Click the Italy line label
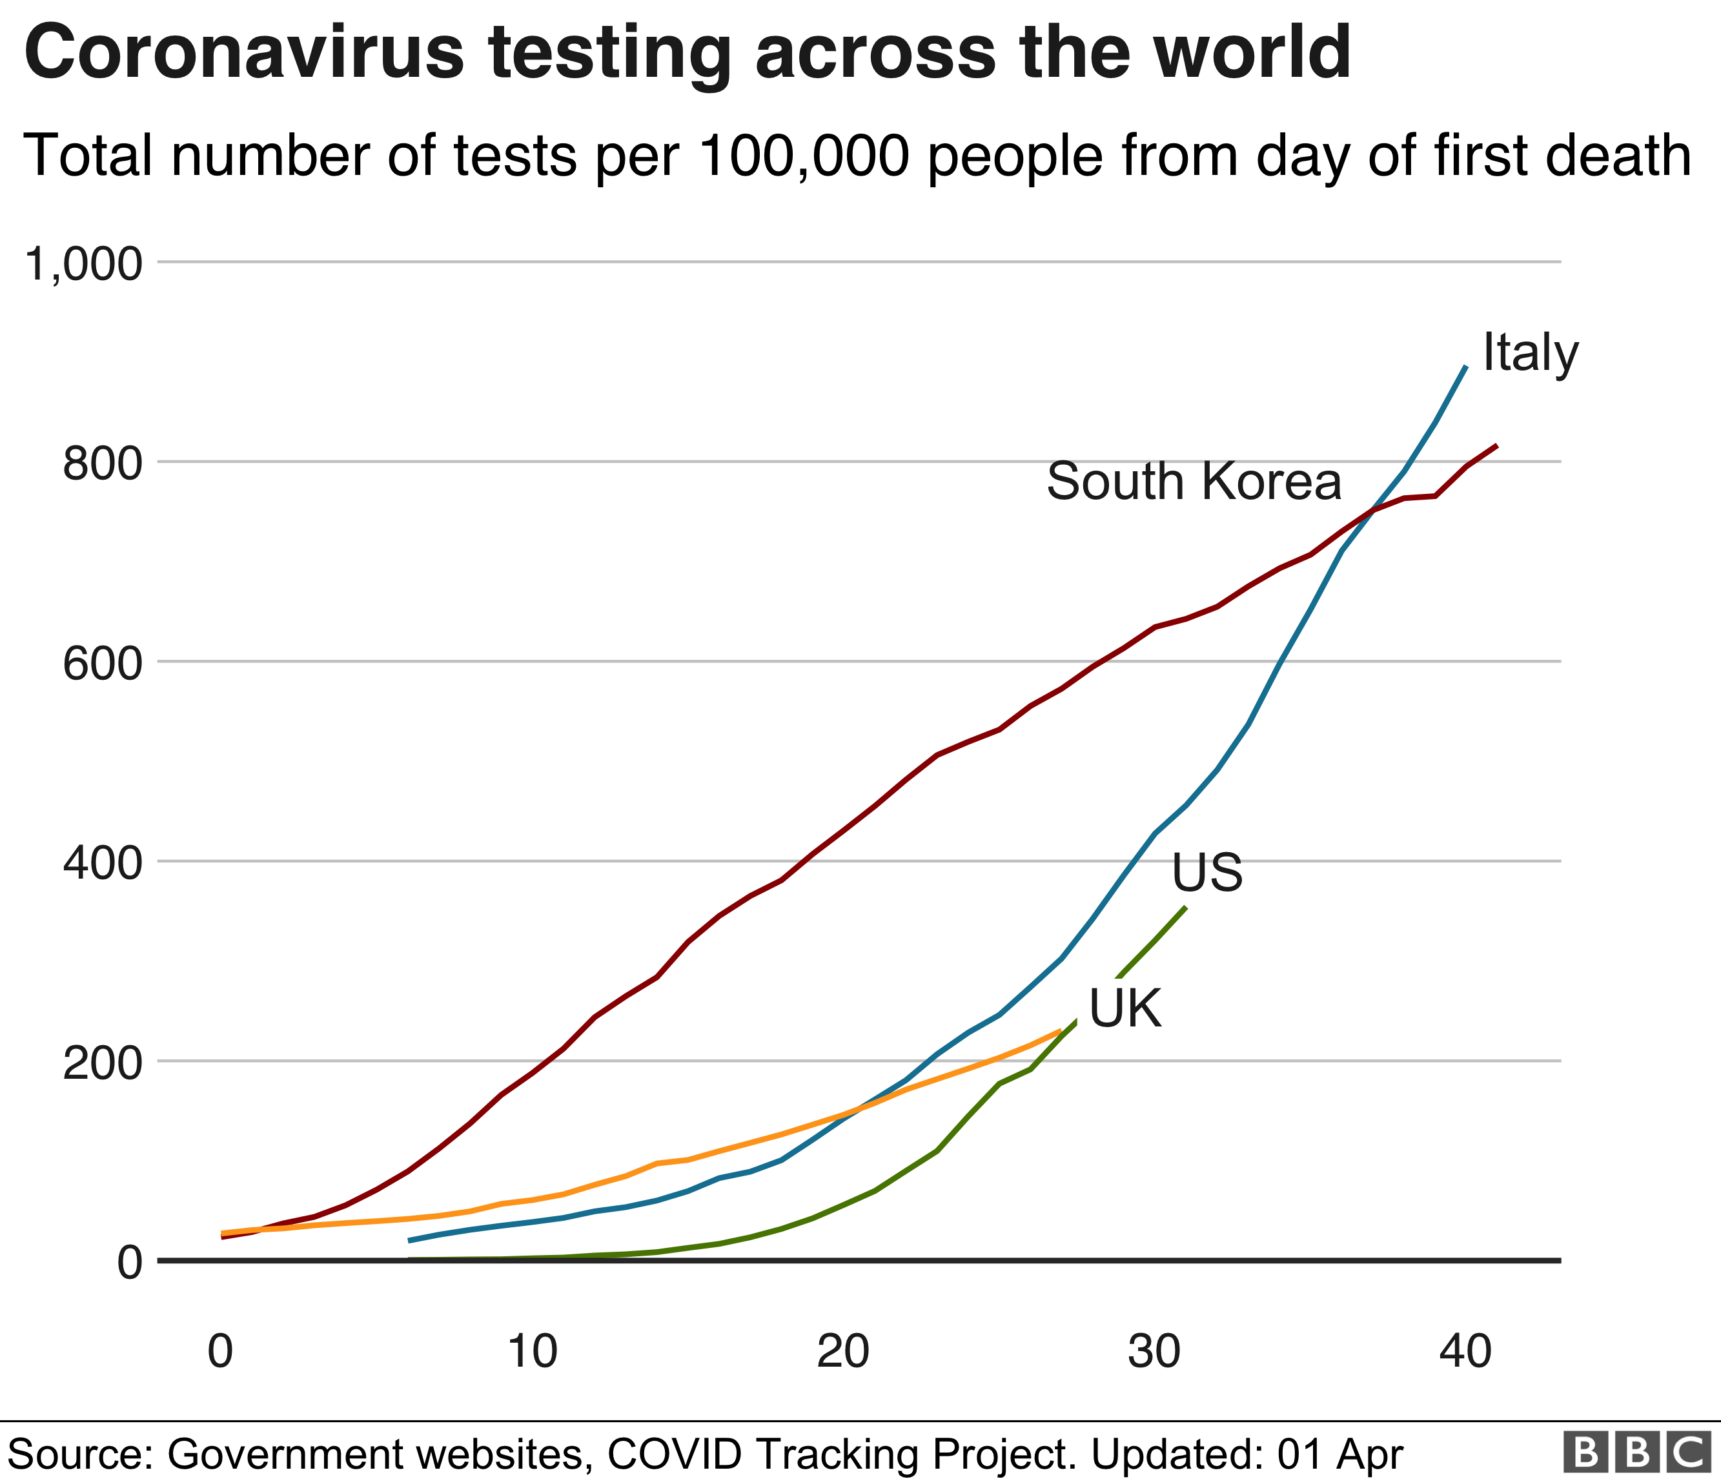(x=1530, y=353)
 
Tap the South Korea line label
(x=1194, y=482)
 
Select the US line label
(x=1207, y=873)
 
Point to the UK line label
(x=1125, y=1010)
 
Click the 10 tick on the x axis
(x=531, y=1351)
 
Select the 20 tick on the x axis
(x=843, y=1351)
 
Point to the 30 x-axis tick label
(x=1154, y=1351)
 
